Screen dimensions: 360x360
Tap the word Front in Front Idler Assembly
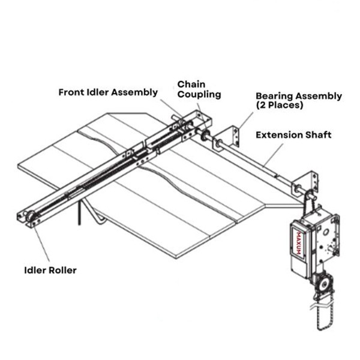pos(72,92)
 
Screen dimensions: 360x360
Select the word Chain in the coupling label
pos(190,83)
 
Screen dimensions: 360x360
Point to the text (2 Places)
pos(279,105)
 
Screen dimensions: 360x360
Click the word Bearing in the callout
pos(274,95)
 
